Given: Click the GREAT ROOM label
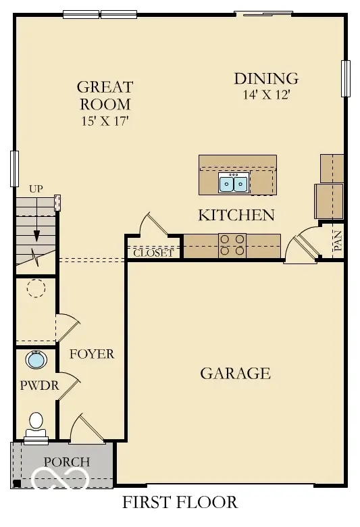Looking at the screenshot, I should pos(104,95).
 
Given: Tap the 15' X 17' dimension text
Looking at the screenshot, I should pos(104,122).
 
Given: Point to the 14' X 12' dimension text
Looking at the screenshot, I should pos(265,95).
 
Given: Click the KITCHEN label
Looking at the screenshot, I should pos(236,216).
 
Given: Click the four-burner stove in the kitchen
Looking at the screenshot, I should pos(232,245).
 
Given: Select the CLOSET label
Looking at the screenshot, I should pos(153,254).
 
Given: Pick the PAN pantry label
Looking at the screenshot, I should pos(338,241).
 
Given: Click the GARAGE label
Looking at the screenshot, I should pos(235,373).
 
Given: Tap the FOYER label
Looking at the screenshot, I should pos(92,354).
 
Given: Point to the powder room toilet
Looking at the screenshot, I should pos(35,424).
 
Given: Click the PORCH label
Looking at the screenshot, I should pos(66,462).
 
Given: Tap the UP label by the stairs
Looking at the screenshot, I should pos(36,189).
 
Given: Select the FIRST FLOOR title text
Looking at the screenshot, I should pos(180,503).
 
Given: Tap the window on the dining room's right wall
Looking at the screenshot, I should pos(346,78).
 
